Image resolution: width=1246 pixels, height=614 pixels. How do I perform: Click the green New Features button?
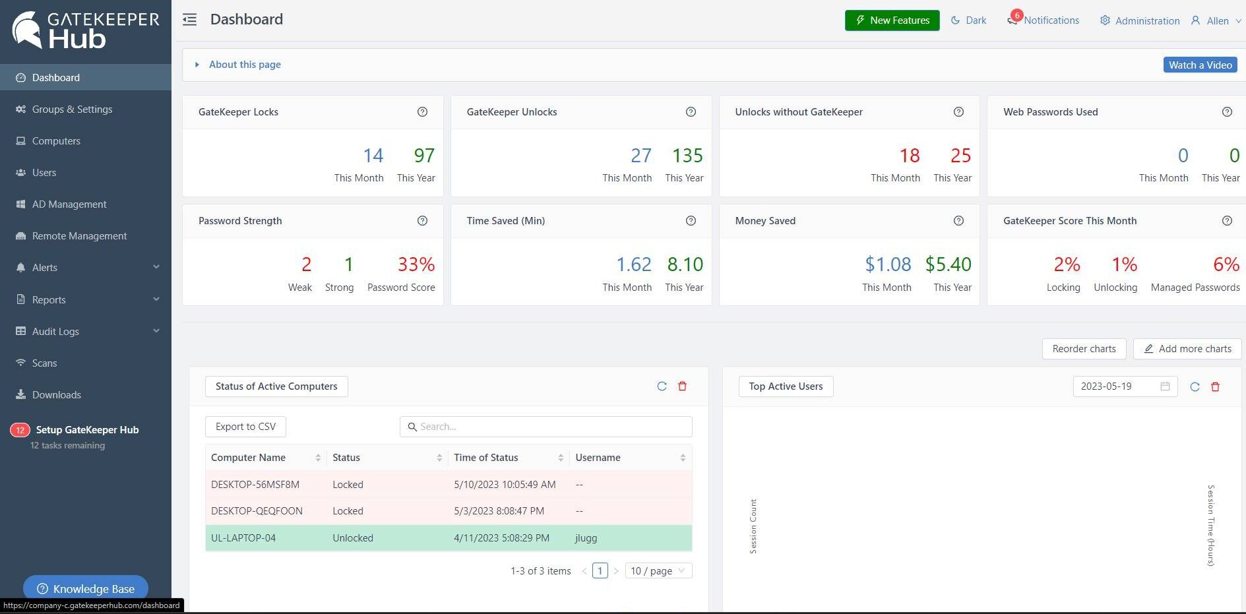tap(892, 20)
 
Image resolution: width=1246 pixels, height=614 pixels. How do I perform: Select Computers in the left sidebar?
tap(56, 141)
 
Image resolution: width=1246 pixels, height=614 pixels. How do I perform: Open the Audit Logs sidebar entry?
tap(55, 331)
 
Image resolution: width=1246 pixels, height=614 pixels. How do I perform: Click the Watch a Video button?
tap(1200, 65)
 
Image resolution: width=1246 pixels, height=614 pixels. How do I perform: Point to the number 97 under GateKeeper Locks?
tap(424, 156)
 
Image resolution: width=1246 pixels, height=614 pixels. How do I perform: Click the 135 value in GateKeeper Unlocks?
tap(687, 156)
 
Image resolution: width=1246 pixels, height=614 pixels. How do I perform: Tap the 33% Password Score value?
tap(416, 264)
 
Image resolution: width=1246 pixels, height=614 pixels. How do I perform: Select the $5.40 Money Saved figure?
tap(948, 264)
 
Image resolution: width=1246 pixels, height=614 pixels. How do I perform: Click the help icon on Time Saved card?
tap(691, 221)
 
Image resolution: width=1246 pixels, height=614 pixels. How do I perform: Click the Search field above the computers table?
tap(546, 427)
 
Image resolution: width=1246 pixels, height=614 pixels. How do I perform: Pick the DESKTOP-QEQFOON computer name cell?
tap(257, 511)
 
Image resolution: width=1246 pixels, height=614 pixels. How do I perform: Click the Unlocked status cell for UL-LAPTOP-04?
tap(353, 538)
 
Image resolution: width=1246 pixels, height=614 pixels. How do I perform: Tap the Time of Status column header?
tap(486, 458)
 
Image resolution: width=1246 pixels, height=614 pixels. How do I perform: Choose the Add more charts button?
tap(1187, 349)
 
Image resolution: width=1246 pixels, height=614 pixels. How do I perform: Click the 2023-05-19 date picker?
tap(1125, 386)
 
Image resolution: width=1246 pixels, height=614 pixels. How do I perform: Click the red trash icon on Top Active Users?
tap(1215, 386)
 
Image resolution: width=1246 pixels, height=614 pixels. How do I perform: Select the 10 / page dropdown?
tap(658, 571)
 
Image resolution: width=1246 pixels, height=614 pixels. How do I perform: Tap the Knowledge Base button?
tap(86, 588)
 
